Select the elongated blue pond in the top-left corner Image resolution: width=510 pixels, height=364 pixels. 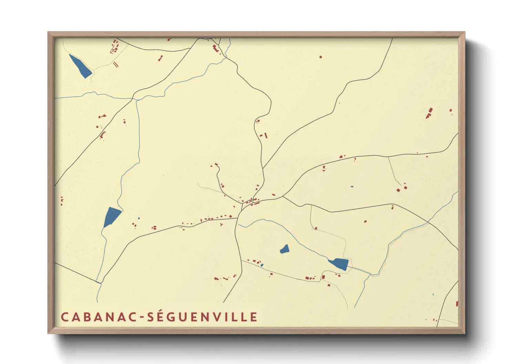click(80, 66)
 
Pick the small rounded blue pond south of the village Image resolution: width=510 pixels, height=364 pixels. click(285, 249)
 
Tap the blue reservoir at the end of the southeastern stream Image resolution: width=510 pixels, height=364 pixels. click(339, 264)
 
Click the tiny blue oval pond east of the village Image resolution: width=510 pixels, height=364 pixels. click(352, 186)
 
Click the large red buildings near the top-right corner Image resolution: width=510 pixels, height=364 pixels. click(429, 113)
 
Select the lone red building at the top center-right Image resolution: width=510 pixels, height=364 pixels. click(320, 57)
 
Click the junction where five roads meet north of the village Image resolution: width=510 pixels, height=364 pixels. click(263, 168)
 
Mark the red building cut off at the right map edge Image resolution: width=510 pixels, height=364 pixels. click(457, 304)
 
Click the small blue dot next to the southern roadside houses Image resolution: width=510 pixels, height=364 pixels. click(262, 265)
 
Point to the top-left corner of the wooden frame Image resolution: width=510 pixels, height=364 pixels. click(49, 33)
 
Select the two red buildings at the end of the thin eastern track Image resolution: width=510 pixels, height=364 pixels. click(402, 189)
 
